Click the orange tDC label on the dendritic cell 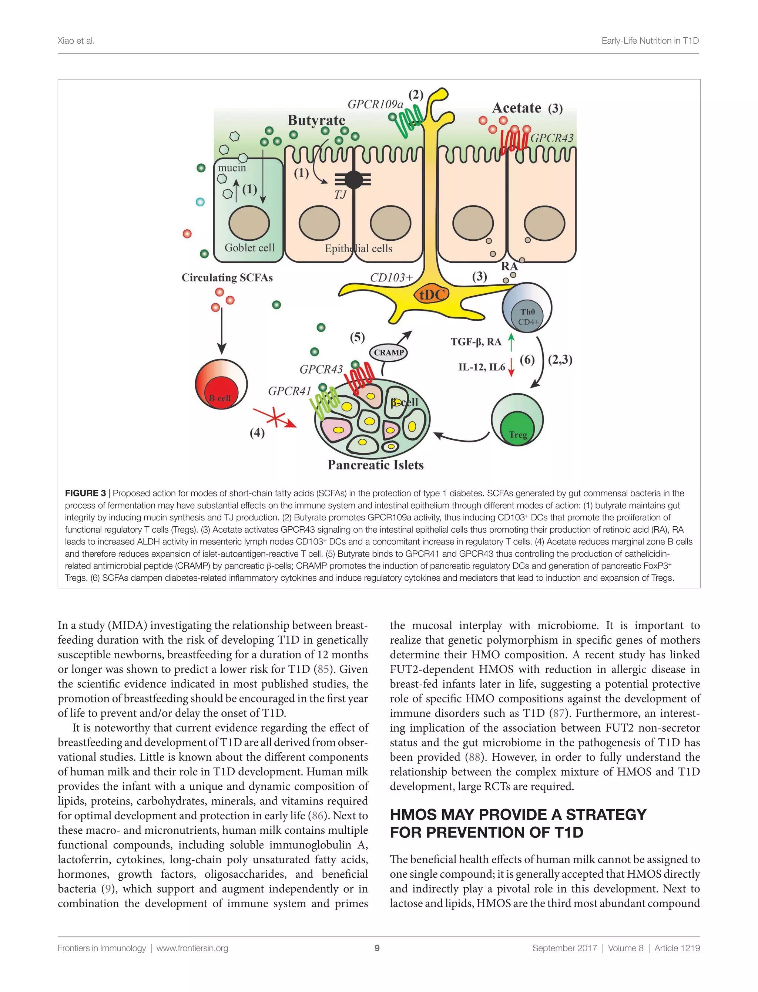432,295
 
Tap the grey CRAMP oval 389,352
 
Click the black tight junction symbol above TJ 353,180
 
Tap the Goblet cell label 249,247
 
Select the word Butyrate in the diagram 316,120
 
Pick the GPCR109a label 375,104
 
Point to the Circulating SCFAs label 227,277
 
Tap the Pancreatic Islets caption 375,465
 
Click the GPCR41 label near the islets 289,391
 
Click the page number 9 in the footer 377,948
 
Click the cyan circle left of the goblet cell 200,202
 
